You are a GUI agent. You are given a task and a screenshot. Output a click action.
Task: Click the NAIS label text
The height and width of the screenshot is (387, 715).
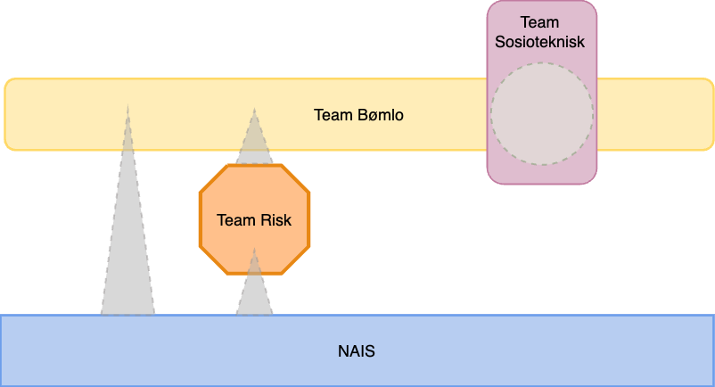coord(357,351)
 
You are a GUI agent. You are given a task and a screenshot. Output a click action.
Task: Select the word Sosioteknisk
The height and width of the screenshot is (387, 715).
coord(541,41)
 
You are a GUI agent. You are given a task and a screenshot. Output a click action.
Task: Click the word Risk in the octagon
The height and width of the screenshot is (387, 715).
coord(275,219)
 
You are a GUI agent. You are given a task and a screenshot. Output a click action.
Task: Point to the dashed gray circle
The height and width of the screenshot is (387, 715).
coord(541,113)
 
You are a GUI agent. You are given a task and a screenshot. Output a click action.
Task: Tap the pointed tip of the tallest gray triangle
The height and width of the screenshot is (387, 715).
coord(127,107)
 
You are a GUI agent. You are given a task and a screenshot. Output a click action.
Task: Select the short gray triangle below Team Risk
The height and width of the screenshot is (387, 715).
coord(254,294)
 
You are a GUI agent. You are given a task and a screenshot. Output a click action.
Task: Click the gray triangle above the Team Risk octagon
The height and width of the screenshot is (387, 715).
coord(254,143)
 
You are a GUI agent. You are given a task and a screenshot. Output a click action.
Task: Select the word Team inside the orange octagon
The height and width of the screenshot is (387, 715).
coord(235,219)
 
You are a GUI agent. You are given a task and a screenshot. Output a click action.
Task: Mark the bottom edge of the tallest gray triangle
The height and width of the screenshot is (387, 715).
coord(127,313)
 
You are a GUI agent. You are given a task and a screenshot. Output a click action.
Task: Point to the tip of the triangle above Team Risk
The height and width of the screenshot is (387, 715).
coord(254,111)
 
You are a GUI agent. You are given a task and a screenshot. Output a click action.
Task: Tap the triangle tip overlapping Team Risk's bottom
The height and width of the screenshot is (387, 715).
coord(254,251)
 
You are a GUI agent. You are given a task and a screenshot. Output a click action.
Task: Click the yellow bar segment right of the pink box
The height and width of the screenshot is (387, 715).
coord(655,115)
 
